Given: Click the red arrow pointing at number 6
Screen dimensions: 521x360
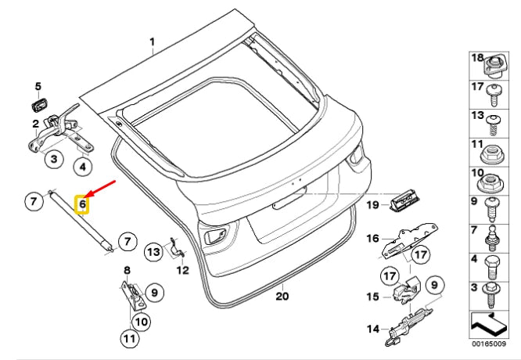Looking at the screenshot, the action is coord(100,189).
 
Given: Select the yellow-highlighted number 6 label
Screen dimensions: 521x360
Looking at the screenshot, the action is coord(82,203).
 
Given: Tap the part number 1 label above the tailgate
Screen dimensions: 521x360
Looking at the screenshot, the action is coord(153,42).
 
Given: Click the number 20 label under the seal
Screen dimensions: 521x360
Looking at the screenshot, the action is coord(282,296).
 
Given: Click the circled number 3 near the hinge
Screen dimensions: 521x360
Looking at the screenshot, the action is coord(54,159).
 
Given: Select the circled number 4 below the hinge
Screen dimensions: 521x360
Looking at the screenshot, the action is coord(83,166).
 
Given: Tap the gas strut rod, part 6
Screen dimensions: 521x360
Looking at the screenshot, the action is coord(81,221).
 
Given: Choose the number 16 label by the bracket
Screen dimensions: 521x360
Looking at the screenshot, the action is coord(372,239).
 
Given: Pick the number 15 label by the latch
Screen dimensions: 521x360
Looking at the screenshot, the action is coord(372,296).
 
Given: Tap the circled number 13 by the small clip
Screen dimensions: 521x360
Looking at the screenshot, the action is coord(153,252).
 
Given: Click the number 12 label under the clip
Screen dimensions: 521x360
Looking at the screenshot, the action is coord(183,270).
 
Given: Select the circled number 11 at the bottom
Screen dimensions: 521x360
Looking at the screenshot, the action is coord(130,338).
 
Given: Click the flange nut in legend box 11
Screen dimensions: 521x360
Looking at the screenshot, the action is coord(490,155).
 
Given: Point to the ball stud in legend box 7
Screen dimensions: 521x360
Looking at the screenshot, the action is coord(490,239).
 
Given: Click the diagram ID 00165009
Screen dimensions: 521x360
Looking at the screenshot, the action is coord(489,344).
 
